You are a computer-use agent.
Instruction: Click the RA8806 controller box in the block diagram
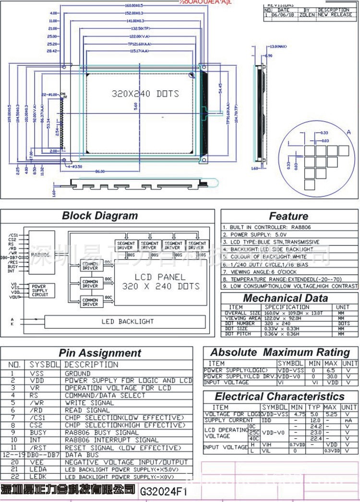(41, 255)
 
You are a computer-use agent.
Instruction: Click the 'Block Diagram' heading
(100, 216)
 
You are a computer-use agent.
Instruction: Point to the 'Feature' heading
(288, 216)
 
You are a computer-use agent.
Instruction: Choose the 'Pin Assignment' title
(100, 353)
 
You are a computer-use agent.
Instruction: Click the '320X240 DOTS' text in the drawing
(145, 93)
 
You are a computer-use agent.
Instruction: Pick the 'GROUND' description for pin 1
(78, 373)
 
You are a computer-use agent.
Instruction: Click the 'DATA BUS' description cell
(82, 454)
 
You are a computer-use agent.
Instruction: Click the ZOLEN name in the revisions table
(307, 15)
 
